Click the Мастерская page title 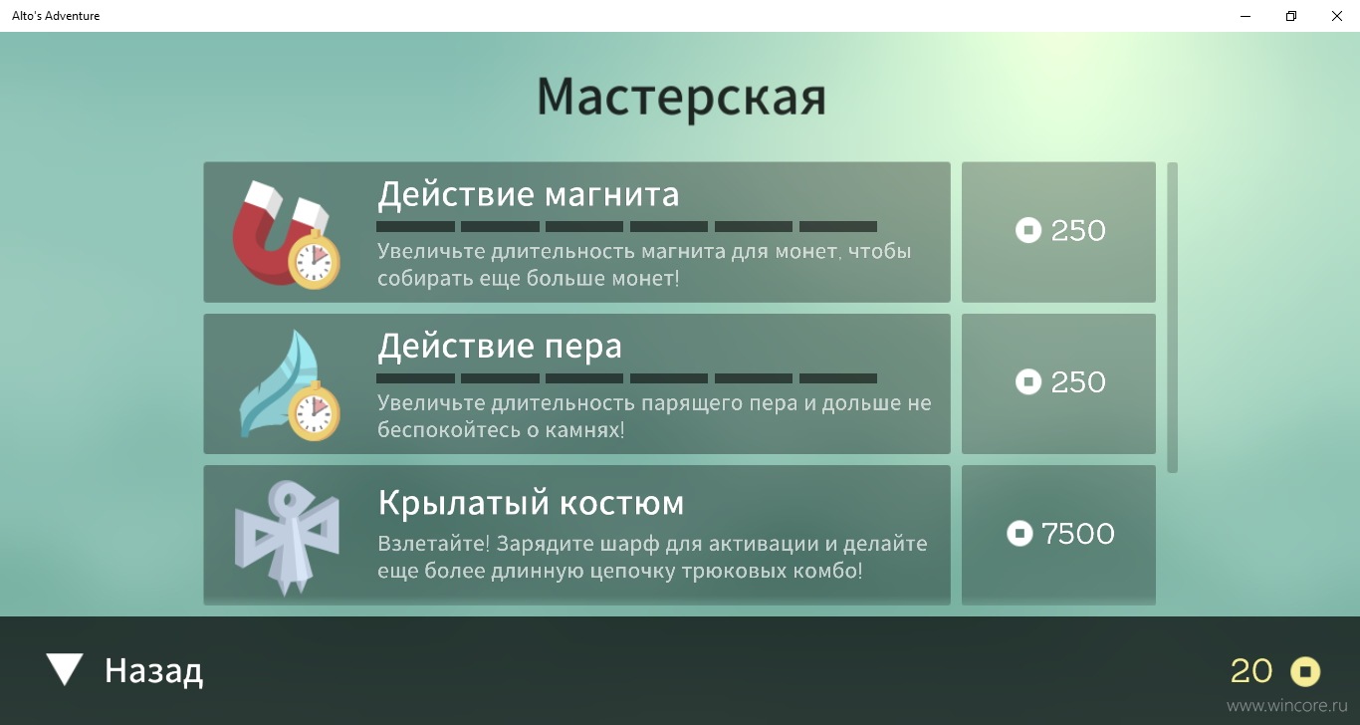[681, 98]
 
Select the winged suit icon [287, 538]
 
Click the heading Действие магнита [529, 195]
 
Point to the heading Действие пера [500, 347]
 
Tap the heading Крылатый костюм [532, 503]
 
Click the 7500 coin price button [1058, 535]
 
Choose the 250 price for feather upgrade [1058, 383]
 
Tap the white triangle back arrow [65, 668]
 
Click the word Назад [153, 671]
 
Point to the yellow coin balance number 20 [1251, 671]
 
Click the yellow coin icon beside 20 [1305, 672]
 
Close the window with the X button [1337, 16]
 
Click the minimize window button [1246, 16]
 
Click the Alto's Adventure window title [56, 16]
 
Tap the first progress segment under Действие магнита [415, 226]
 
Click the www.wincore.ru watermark [1286, 705]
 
